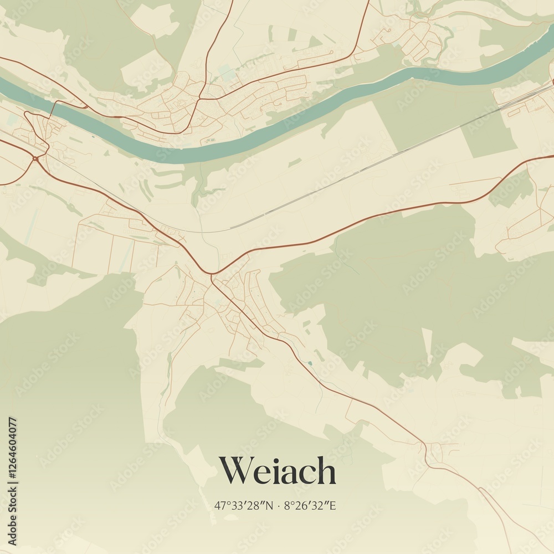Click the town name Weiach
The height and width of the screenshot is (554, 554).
tap(277, 471)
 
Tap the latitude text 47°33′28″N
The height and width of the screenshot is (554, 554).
tap(244, 505)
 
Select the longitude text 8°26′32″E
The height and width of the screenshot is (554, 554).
tap(311, 505)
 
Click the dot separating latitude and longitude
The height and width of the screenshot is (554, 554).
tap(279, 506)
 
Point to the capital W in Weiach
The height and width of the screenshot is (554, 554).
tap(236, 471)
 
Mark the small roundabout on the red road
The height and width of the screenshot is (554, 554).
tap(35, 158)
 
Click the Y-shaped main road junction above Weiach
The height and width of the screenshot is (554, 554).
tap(211, 273)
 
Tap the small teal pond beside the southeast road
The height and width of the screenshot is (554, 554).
tap(310, 363)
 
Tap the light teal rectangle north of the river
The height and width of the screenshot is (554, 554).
tap(226, 73)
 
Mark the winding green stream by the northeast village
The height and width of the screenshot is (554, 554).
tap(446, 33)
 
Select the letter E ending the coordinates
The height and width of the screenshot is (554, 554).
tap(334, 505)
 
